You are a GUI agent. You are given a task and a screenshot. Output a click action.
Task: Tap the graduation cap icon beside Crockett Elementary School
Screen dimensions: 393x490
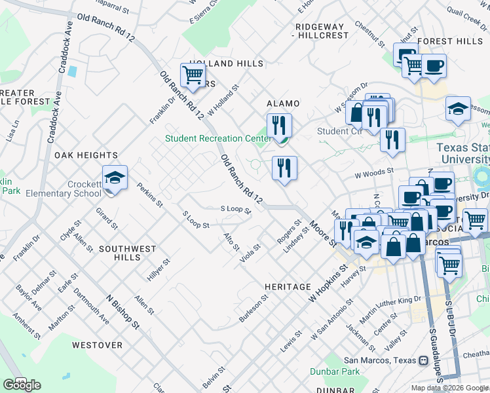[x=115, y=178]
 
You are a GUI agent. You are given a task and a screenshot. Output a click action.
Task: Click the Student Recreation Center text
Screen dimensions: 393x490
[x=217, y=138]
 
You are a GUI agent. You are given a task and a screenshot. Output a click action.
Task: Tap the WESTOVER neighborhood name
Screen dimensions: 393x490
[x=97, y=345]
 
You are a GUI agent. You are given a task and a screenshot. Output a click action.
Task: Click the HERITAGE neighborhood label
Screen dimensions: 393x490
[x=288, y=287]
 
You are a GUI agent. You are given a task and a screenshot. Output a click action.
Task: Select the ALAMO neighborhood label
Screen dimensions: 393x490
[x=283, y=103]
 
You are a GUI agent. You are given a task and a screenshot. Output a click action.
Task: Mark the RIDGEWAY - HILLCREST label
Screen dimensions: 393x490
[x=322, y=31]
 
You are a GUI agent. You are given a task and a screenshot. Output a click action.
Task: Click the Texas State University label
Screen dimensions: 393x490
[x=463, y=153]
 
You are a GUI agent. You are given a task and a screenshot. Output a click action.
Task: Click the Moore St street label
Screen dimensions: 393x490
[x=324, y=233]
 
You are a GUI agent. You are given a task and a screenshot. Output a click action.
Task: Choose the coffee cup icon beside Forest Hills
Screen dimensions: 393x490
[x=433, y=66]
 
